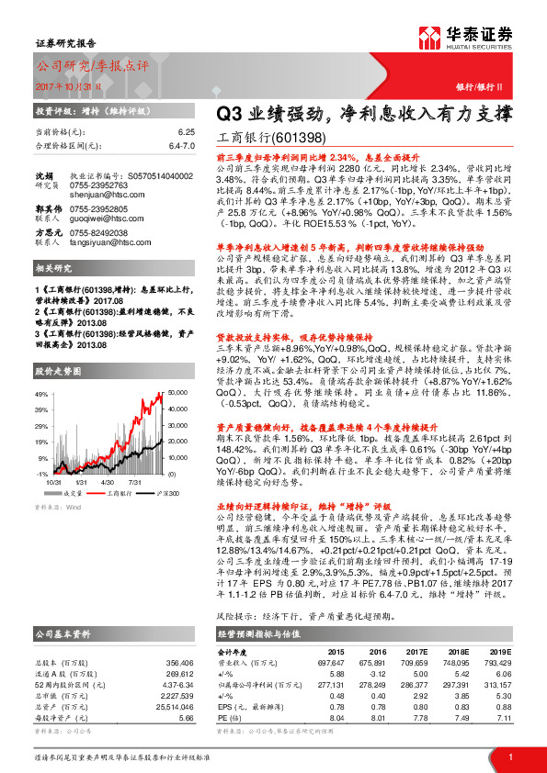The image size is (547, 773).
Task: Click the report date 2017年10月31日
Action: pos(73,85)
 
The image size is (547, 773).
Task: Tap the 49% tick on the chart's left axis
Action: pos(43,393)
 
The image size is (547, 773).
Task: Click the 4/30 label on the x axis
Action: pos(108,480)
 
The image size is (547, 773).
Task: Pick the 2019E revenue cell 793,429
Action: pos(495,661)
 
